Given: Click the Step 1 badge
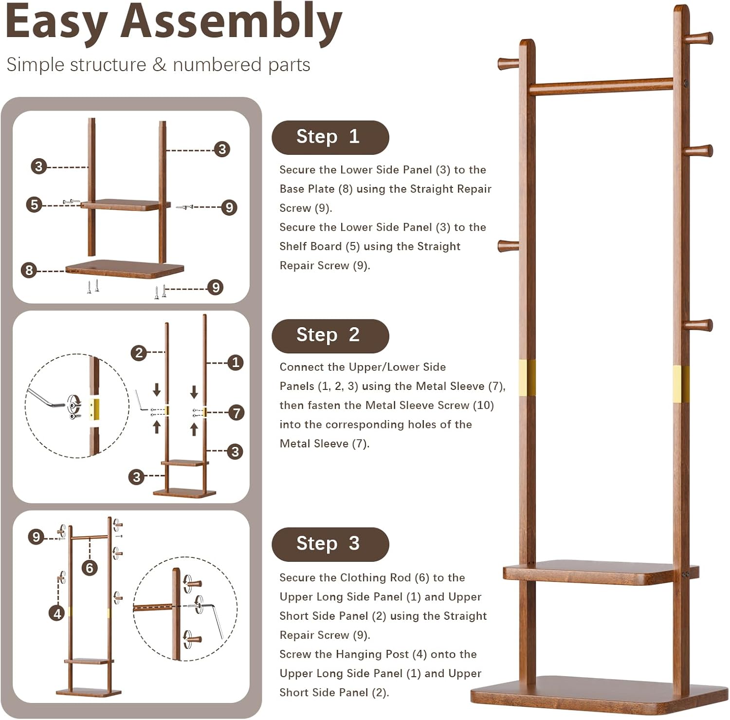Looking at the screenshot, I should tap(330, 137).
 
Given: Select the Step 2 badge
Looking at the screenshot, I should tap(330, 336).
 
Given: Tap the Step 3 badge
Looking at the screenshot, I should tap(330, 544).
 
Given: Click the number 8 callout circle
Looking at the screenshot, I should tap(29, 270).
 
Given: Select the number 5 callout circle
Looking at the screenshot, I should tap(34, 204).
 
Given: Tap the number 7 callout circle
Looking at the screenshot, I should tap(237, 413).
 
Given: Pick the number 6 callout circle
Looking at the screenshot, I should tap(90, 568).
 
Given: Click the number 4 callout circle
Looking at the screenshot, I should tap(57, 613).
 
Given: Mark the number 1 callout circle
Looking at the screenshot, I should tap(236, 363).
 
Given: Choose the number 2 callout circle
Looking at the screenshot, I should tap(139, 352).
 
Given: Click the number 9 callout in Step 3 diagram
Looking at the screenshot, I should tap(36, 537).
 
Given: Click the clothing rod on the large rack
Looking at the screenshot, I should tap(601, 86).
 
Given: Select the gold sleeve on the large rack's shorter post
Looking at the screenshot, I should tap(527, 378).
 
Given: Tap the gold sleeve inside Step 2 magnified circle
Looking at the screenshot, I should tap(94, 409).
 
